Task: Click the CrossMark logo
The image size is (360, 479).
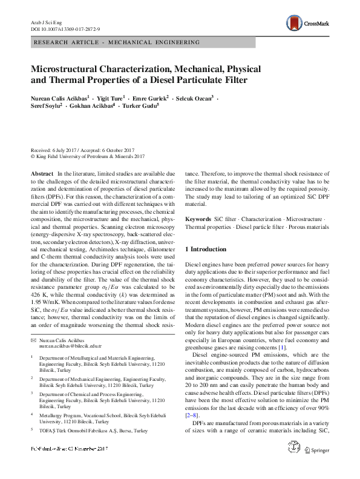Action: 307,23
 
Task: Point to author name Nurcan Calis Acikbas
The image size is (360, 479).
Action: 58,97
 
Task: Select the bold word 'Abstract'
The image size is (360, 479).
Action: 42,173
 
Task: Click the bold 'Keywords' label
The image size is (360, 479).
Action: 198,219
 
